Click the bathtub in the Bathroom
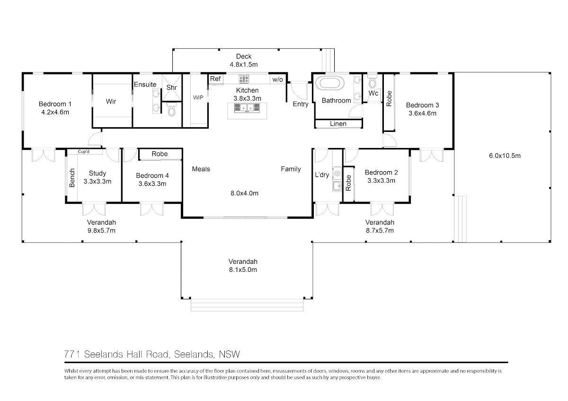[332, 83]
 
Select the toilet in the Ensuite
[172, 109]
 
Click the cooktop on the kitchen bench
[244, 79]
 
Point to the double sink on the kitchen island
[247, 108]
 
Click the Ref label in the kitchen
[215, 79]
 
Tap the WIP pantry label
[198, 97]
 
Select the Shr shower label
[171, 87]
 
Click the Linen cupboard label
[338, 123]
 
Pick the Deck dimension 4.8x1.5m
[244, 65]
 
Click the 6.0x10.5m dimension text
[505, 156]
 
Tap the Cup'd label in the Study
[83, 152]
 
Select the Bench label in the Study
[72, 178]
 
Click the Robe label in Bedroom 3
[389, 98]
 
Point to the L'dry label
[322, 175]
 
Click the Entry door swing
[299, 90]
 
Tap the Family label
[291, 169]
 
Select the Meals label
[201, 169]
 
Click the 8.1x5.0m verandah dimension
[243, 270]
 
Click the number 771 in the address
[72, 354]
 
